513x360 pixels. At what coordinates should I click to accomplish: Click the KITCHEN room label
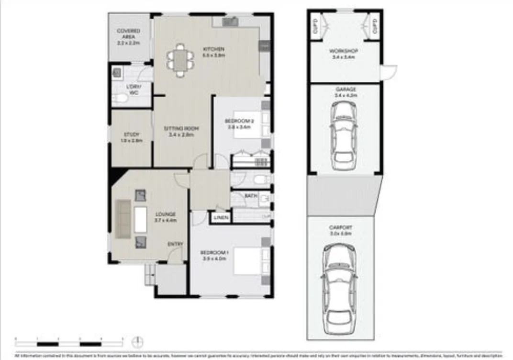tap(214, 49)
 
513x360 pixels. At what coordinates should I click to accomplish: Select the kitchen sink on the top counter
tap(231, 22)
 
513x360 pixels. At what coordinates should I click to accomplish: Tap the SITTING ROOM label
tap(181, 128)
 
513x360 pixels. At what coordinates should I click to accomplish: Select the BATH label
tap(251, 196)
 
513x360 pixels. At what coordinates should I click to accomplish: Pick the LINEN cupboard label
tap(221, 218)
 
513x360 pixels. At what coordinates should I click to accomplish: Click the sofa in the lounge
tap(123, 219)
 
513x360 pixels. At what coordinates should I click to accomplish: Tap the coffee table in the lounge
tap(141, 219)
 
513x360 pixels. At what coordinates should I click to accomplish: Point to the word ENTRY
tap(175, 244)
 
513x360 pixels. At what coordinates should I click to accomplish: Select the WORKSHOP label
tap(343, 51)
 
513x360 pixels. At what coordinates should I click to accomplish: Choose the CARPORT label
tap(340, 227)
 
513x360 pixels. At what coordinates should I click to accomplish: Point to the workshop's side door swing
tap(389, 72)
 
